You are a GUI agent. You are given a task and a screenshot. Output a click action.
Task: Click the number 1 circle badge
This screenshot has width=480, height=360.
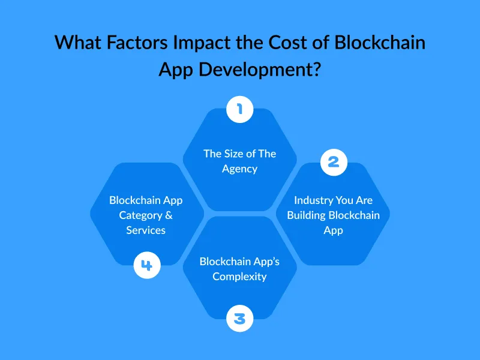point(239,109)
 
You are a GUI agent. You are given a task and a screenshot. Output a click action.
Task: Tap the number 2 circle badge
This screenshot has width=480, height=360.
point(334,161)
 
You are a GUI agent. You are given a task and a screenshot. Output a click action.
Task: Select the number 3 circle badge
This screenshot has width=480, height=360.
point(239,317)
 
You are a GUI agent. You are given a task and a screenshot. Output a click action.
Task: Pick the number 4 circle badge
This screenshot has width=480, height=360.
point(146,265)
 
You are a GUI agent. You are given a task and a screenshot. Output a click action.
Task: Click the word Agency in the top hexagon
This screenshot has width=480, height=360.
point(239,169)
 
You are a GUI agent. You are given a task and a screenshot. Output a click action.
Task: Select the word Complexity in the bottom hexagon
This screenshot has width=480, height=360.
point(239,277)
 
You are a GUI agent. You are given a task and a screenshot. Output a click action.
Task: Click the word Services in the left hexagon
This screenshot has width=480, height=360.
point(146,230)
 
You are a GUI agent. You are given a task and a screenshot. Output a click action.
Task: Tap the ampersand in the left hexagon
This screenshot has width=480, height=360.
point(169,215)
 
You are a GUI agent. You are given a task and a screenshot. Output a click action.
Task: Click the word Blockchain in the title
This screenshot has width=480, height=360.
point(377,43)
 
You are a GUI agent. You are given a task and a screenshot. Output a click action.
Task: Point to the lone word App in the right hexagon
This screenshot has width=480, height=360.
point(333,230)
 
